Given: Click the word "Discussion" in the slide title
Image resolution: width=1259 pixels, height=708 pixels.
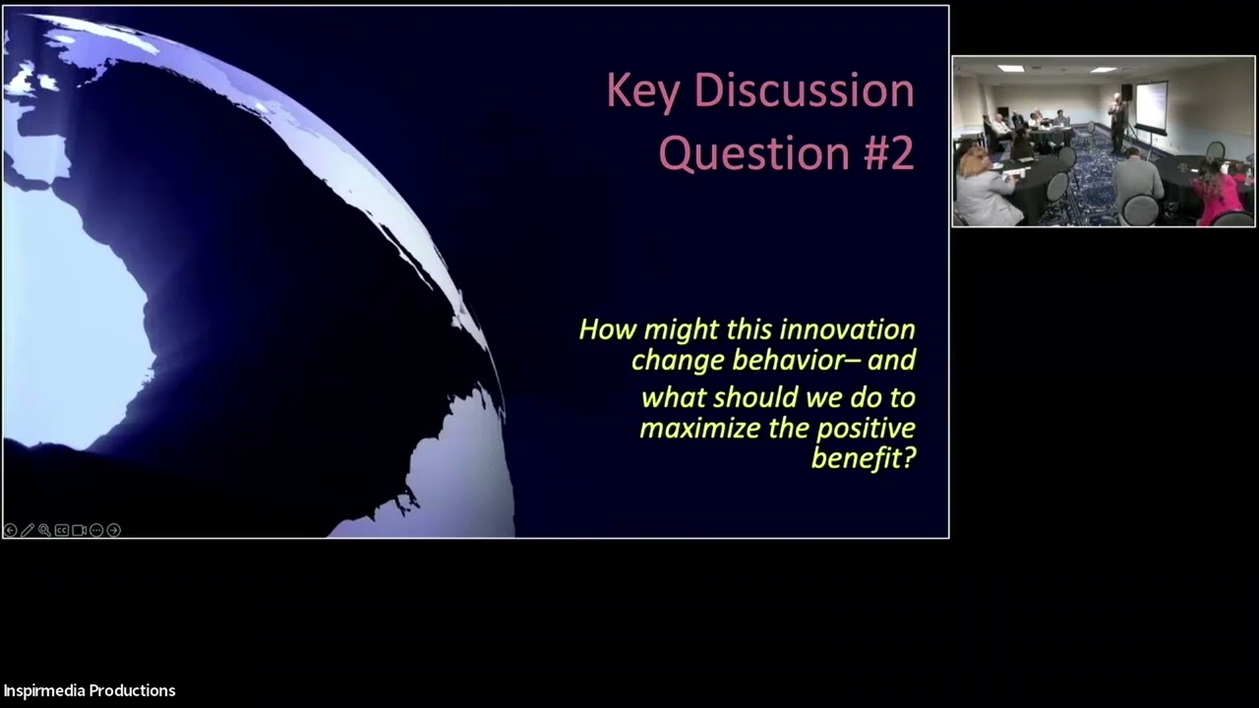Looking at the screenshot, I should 805,90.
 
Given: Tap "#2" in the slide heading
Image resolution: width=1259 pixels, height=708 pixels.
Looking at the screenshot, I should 883,153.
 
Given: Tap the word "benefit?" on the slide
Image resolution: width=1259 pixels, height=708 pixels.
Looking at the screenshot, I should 863,458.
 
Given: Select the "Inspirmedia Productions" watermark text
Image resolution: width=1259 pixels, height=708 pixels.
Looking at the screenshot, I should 90,690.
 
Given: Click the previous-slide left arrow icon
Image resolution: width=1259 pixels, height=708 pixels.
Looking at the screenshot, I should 11,530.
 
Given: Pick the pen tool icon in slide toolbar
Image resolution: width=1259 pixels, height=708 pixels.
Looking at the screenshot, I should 28,530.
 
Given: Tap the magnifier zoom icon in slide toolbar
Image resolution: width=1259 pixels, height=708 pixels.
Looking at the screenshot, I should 44,530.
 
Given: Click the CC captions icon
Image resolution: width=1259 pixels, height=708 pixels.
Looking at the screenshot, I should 62,530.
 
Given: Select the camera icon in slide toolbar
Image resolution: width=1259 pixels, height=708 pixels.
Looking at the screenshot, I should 80,530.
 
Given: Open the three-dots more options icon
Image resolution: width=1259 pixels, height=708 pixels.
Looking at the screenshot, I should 96,530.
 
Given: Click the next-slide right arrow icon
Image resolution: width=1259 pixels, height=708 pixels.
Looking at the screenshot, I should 114,530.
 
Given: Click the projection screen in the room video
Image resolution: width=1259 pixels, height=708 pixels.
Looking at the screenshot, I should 1151,105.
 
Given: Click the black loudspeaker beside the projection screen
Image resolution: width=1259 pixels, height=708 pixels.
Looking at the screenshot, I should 1127,93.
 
